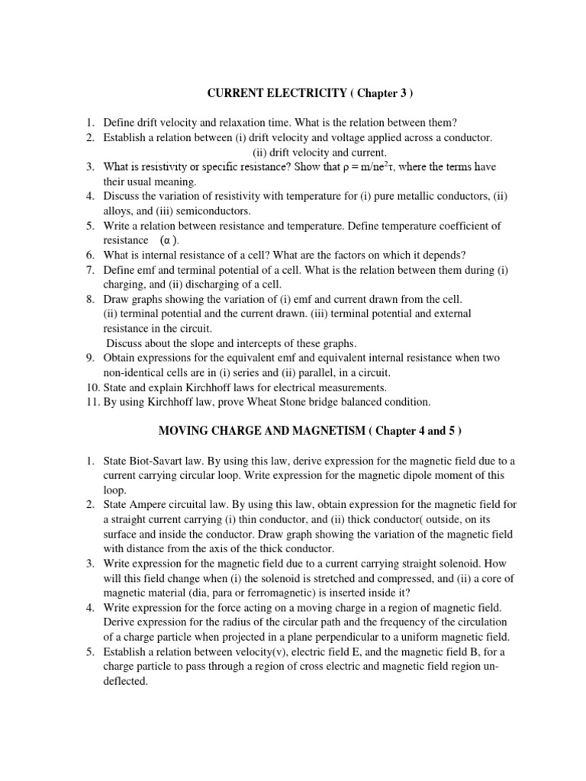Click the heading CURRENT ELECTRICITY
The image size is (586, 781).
(x=273, y=93)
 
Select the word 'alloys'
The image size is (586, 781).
(x=118, y=211)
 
